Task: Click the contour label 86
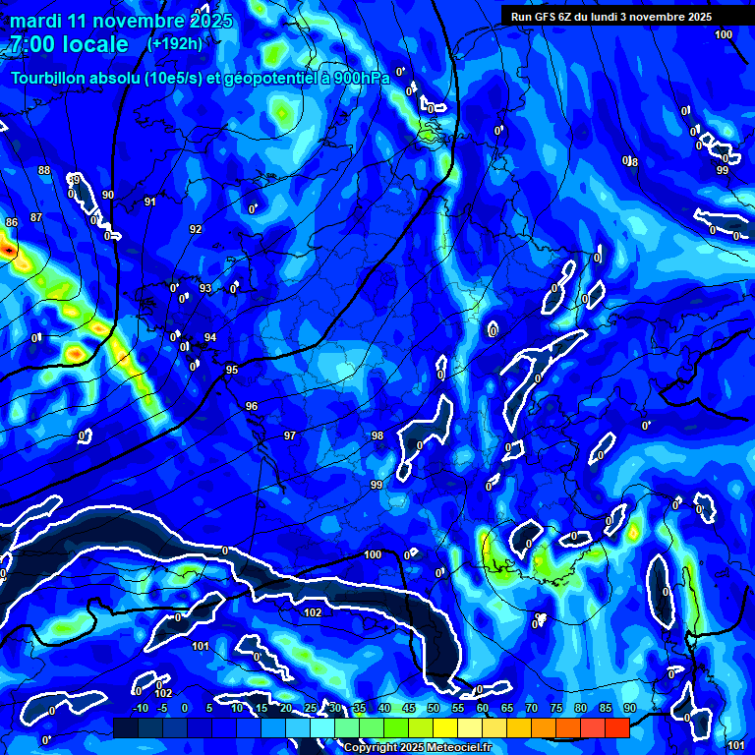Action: click(x=12, y=223)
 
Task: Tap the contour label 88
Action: click(x=44, y=171)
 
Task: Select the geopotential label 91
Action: click(x=149, y=202)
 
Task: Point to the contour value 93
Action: click(x=205, y=288)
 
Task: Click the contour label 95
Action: click(x=232, y=370)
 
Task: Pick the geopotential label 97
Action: click(x=290, y=436)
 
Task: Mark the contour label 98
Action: click(x=377, y=436)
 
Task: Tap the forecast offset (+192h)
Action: click(x=175, y=44)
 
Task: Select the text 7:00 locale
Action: click(x=69, y=44)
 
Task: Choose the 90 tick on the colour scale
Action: click(x=630, y=708)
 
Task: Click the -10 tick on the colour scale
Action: click(x=140, y=708)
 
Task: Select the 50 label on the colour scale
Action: click(x=434, y=708)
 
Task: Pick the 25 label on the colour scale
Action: click(x=311, y=708)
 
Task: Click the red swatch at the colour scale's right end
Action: click(x=617, y=727)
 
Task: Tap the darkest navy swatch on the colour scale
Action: click(x=126, y=727)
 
